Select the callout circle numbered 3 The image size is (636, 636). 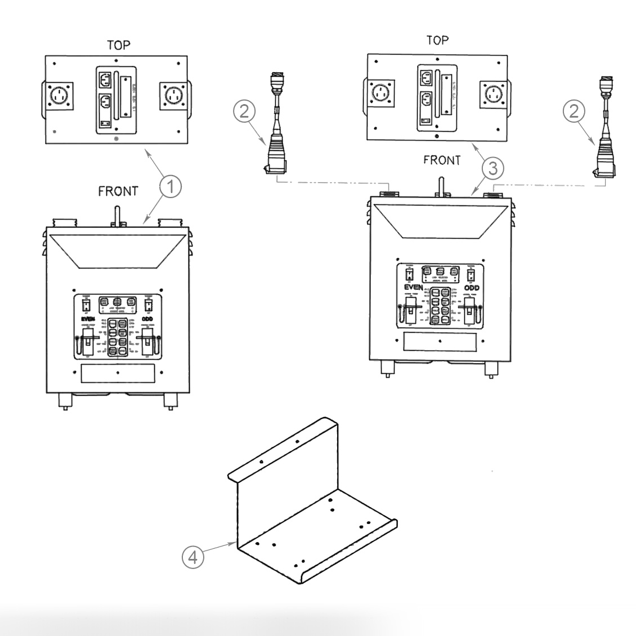tap(492, 167)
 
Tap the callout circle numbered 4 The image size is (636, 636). tap(192, 558)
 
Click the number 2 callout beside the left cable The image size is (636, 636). tap(244, 111)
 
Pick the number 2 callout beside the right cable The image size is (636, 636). tap(574, 111)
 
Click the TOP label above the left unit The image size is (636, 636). tap(118, 45)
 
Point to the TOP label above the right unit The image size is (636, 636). tap(437, 40)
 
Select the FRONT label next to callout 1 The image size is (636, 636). tap(118, 191)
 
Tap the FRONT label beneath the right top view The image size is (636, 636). tap(442, 160)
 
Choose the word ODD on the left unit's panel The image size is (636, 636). tap(147, 318)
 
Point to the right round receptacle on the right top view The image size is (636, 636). tap(495, 92)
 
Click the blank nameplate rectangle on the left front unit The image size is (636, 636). tap(118, 373)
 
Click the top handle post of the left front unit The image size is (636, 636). tap(118, 215)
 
